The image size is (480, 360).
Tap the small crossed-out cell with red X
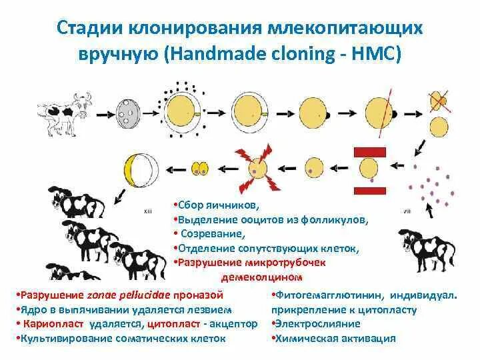[x=439, y=100]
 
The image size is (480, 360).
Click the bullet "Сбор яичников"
[x=221, y=203]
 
